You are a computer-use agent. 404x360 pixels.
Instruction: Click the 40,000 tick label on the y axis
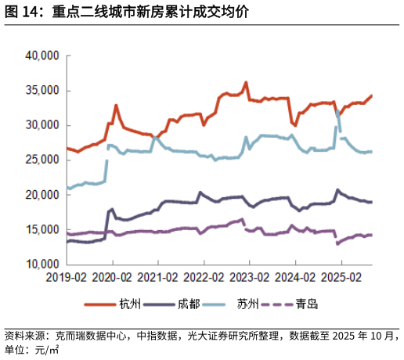tap(42, 56)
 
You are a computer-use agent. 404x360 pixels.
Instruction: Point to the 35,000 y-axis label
tap(42, 90)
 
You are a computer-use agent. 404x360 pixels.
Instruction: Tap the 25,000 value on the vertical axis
tap(42, 160)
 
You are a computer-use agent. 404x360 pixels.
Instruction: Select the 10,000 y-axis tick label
tap(42, 264)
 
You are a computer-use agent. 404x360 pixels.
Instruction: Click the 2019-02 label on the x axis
tap(66, 277)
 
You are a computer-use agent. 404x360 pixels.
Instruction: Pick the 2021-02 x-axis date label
tap(157, 277)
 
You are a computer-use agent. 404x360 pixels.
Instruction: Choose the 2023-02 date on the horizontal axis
tap(249, 277)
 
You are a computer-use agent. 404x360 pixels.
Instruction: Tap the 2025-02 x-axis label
tap(341, 277)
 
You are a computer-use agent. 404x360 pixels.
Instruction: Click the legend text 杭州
tap(130, 304)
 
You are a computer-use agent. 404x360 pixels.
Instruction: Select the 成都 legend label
tap(189, 304)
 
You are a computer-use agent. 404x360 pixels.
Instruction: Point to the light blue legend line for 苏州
tap(214, 304)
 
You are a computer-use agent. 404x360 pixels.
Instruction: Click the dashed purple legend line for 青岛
tap(277, 304)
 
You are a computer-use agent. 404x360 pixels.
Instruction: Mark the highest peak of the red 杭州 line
tap(246, 82)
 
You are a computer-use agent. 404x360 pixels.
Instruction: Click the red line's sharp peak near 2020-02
tap(116, 106)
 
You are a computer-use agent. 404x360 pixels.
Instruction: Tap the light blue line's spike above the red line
tap(338, 111)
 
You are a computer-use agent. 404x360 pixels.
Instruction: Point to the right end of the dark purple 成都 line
tap(372, 202)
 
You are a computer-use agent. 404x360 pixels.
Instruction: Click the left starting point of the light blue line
tap(67, 187)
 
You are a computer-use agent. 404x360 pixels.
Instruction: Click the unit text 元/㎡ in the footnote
tap(47, 350)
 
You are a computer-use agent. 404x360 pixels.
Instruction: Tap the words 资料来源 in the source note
tap(25, 336)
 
